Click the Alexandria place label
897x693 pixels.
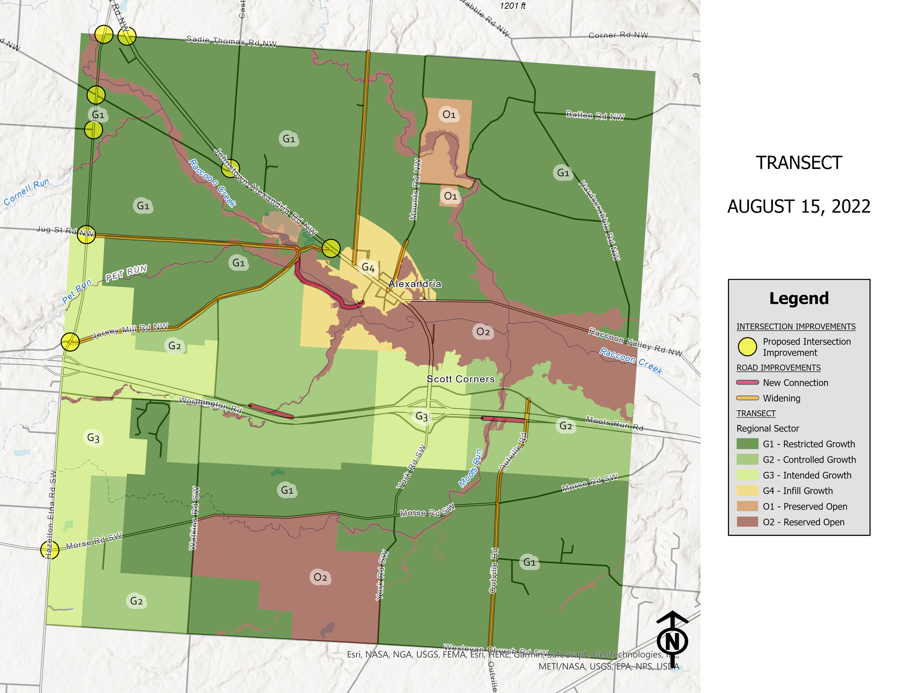point(415,284)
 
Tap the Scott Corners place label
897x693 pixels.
point(460,379)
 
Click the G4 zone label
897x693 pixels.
point(368,268)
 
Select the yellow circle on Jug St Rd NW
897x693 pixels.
point(86,235)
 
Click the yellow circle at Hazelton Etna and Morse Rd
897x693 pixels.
point(50,549)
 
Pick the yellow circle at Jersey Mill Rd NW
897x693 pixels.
point(70,341)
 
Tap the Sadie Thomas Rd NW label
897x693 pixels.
point(231,42)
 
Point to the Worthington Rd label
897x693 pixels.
point(210,404)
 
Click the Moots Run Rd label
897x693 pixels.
point(614,423)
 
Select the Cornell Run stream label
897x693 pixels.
point(27,192)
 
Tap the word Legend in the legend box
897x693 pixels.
point(799,298)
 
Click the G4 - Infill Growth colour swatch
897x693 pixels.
point(747,491)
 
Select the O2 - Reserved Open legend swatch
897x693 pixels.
point(747,522)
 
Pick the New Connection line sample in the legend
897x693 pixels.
point(747,383)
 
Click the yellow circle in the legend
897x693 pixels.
point(747,347)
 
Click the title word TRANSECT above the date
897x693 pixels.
point(799,163)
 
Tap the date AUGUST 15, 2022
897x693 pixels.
point(799,207)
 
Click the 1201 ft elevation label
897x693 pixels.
point(513,6)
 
